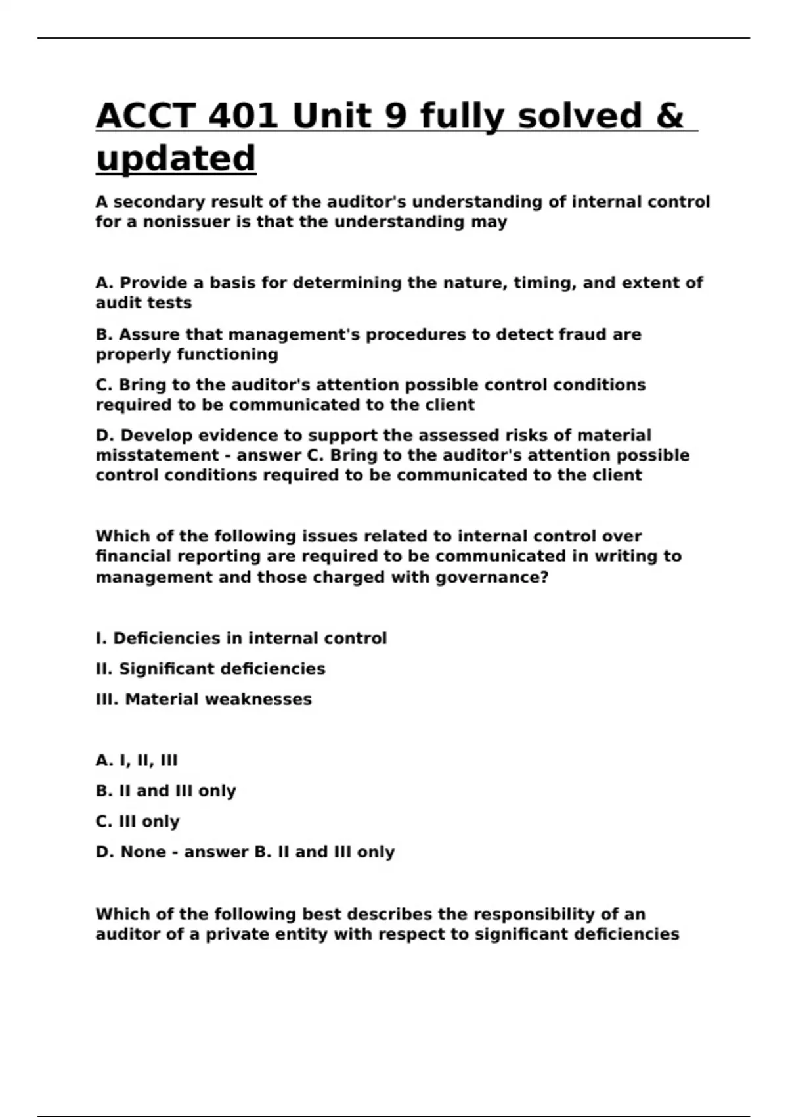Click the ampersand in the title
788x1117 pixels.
(669, 116)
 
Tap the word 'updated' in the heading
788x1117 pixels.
(176, 158)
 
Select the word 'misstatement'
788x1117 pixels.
(157, 456)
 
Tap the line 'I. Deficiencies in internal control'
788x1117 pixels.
(241, 639)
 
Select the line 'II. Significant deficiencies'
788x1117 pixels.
(210, 669)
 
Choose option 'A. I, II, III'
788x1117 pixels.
(137, 761)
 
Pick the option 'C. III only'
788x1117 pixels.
(137, 821)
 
